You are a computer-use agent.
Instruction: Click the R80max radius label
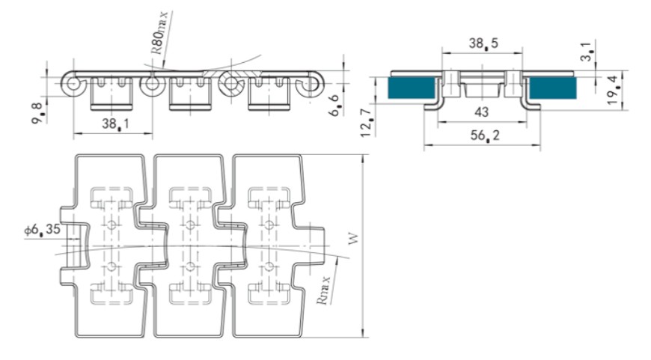click(159, 33)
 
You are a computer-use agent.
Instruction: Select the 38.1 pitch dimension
click(115, 123)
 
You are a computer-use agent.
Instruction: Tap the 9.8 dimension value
click(37, 113)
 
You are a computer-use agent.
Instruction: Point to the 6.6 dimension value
click(336, 106)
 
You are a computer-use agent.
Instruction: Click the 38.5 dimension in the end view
click(483, 43)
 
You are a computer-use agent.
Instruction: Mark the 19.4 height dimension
click(614, 90)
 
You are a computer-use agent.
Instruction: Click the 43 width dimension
click(481, 112)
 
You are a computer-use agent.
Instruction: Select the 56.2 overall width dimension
click(485, 135)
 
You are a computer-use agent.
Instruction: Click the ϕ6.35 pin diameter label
click(42, 230)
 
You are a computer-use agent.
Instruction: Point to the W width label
click(353, 240)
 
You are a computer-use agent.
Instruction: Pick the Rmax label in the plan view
click(323, 290)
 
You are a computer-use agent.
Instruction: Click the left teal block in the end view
click(411, 88)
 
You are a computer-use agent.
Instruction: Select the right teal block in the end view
click(553, 88)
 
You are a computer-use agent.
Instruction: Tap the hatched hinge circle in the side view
click(231, 85)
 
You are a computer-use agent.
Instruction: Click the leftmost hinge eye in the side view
click(73, 85)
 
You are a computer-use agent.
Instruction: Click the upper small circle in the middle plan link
click(190, 225)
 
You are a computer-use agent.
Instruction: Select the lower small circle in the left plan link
click(111, 266)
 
